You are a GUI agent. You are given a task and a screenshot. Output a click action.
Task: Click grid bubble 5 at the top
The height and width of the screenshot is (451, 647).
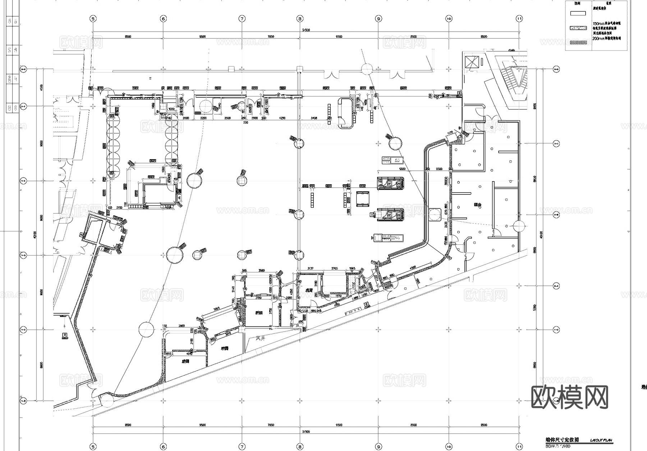(x=93, y=19)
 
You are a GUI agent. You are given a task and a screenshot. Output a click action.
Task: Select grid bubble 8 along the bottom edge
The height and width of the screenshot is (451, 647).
(x=300, y=447)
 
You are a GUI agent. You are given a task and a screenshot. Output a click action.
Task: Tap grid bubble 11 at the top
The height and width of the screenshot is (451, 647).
(x=519, y=19)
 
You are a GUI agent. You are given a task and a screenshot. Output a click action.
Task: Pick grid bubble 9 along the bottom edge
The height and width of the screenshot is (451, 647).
(x=378, y=447)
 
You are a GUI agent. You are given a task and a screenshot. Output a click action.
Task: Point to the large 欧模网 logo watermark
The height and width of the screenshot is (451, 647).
(x=569, y=397)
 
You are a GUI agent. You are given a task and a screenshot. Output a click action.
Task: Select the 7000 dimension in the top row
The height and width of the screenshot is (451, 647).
(x=271, y=37)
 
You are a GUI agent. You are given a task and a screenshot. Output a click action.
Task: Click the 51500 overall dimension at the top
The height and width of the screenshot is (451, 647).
(x=306, y=30)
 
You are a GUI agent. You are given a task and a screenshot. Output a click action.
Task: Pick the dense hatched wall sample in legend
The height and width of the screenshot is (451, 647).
(x=578, y=43)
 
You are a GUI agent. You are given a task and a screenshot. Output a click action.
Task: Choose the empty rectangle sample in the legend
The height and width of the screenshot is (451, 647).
(x=578, y=13)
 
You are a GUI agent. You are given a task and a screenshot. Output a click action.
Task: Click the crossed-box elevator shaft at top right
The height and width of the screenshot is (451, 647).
(x=472, y=62)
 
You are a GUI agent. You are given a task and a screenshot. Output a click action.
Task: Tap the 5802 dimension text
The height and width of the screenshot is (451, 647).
(x=402, y=169)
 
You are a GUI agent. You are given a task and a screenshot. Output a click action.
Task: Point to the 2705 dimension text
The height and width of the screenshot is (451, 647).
(x=334, y=268)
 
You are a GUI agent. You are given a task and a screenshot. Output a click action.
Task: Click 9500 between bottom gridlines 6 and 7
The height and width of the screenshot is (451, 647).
(x=202, y=425)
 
